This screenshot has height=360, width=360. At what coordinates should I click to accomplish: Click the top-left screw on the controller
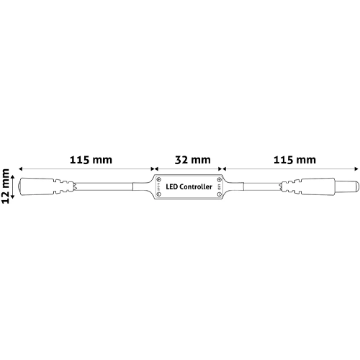point(158,178)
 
